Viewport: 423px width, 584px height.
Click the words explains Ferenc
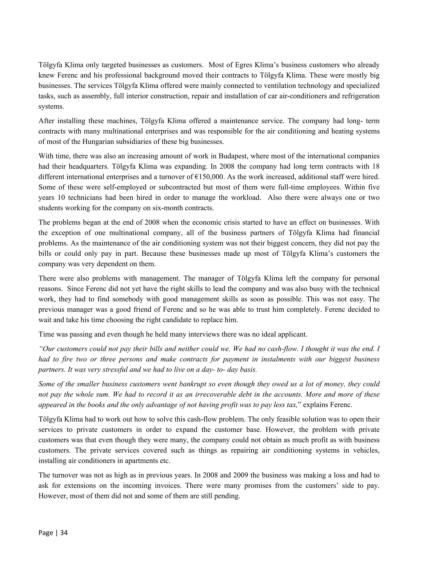tap(327, 405)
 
